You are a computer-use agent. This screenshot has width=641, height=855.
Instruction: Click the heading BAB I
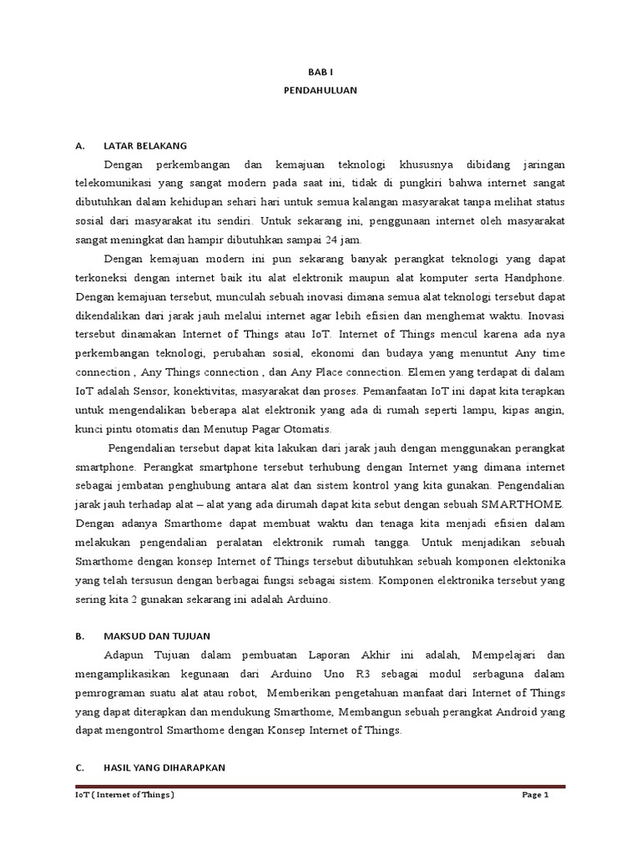point(320,73)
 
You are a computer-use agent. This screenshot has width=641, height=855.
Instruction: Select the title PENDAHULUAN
point(320,91)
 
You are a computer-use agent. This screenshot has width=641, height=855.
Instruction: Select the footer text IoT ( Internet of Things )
point(124,795)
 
